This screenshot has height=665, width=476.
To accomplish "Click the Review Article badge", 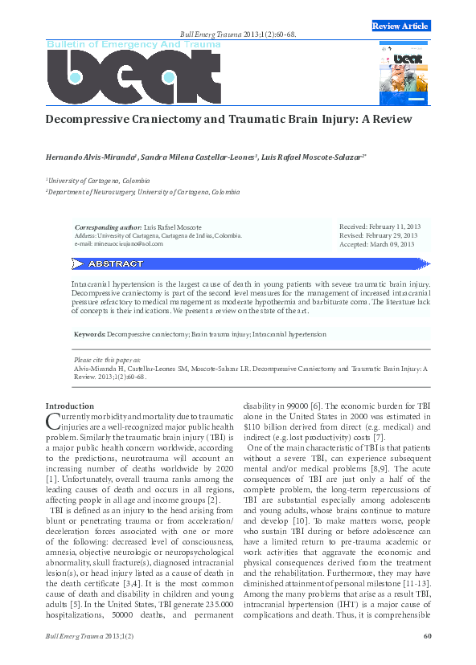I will (x=400, y=27).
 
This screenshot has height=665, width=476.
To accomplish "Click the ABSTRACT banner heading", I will (x=115, y=264).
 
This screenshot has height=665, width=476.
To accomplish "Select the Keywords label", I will (x=89, y=332).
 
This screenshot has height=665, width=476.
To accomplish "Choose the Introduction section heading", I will (x=70, y=406).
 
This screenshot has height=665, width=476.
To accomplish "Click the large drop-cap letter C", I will (x=54, y=422).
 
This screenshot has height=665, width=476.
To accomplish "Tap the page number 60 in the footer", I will (x=427, y=637).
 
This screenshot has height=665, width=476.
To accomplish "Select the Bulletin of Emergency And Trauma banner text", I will (x=133, y=44).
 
